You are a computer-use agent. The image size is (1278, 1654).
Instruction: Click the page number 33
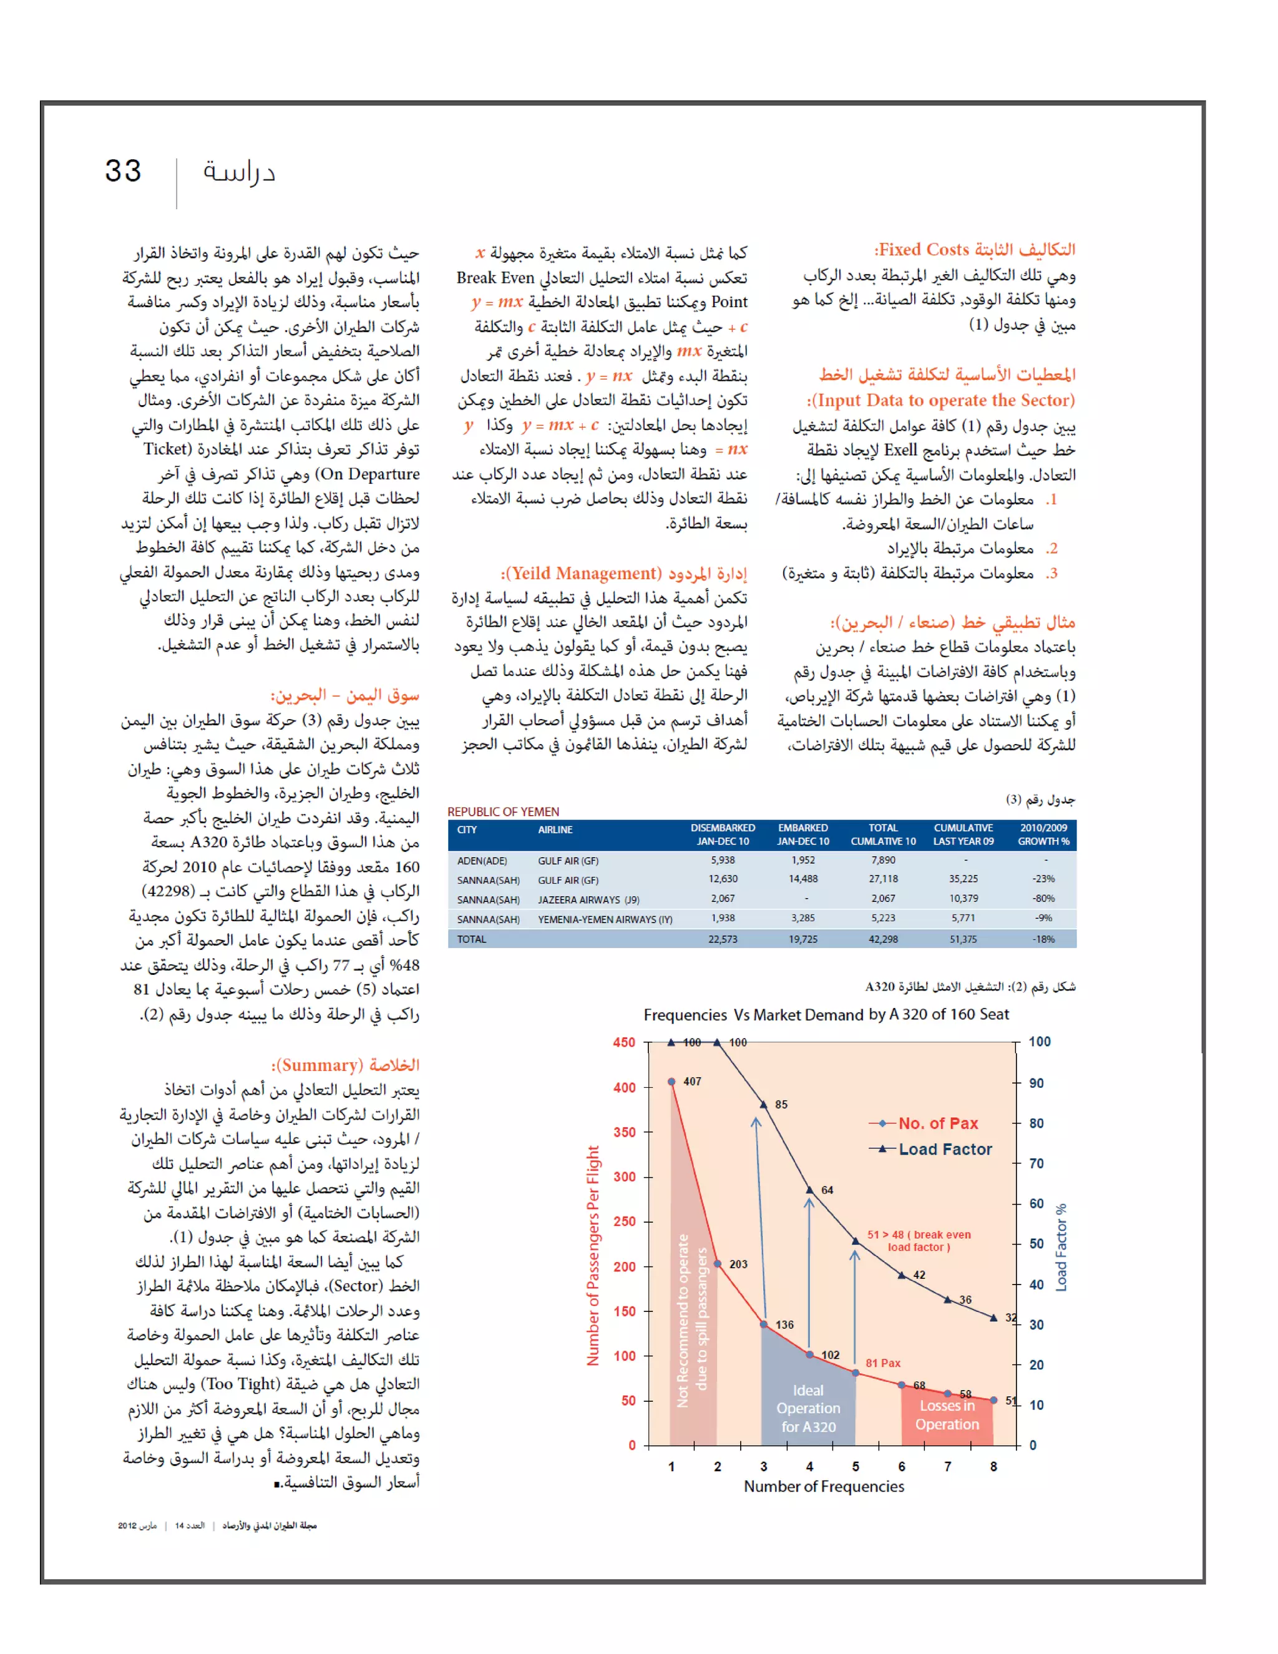click(x=123, y=171)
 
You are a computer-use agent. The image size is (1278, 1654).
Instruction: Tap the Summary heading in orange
click(x=345, y=1065)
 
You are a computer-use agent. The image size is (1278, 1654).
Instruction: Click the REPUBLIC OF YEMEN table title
click(x=503, y=811)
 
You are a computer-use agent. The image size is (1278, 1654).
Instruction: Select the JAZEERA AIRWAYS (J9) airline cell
click(x=588, y=899)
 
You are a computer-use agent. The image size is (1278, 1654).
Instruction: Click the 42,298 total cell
click(x=883, y=939)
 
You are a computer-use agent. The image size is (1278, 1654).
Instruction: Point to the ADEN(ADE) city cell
click(x=482, y=861)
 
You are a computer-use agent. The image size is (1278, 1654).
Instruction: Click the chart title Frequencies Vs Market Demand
click(x=826, y=1014)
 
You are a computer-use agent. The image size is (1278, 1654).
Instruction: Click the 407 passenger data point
click(x=671, y=1082)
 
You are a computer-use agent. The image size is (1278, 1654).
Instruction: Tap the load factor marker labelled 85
click(x=763, y=1105)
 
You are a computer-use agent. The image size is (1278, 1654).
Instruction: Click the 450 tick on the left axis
click(x=624, y=1042)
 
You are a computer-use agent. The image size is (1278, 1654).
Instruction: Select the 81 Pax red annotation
click(x=883, y=1363)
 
